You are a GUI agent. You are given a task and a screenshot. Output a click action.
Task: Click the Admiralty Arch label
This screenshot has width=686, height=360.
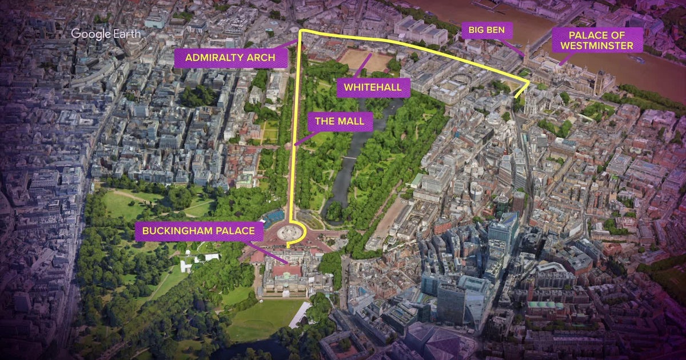pos(230,58)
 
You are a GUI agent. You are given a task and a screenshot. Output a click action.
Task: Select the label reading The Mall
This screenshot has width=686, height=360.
pos(340,122)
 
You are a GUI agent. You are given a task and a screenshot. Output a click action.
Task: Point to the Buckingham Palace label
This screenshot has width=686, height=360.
pos(199,232)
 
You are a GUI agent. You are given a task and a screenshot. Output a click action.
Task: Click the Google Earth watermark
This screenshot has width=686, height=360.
pos(106,34)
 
